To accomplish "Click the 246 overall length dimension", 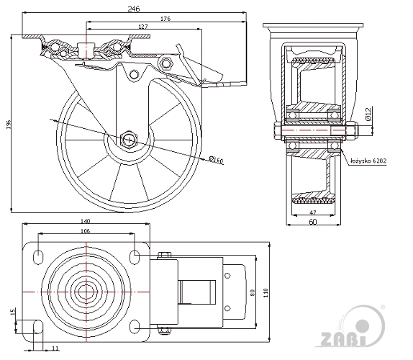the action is (x=134, y=9).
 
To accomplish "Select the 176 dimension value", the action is (x=165, y=19).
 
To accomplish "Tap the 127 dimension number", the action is (x=143, y=27).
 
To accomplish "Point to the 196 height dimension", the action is (x=8, y=125).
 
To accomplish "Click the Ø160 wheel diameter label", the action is (x=216, y=159).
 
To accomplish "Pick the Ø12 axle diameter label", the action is (x=368, y=114).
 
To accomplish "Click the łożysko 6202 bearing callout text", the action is (x=368, y=161).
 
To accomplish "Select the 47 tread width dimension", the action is (x=313, y=212).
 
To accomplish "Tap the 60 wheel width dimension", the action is (x=313, y=222).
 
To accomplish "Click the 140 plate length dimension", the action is (x=86, y=221).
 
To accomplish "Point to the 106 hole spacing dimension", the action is (x=86, y=231).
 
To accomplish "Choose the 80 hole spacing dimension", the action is (x=253, y=293).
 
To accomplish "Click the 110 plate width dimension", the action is (x=265, y=293).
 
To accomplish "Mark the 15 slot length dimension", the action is (x=13, y=312).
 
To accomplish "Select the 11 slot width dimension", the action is (x=55, y=348).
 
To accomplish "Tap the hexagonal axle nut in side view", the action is (x=129, y=140).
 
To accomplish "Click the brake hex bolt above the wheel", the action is (x=165, y=63).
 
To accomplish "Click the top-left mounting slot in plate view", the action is (x=38, y=256).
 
